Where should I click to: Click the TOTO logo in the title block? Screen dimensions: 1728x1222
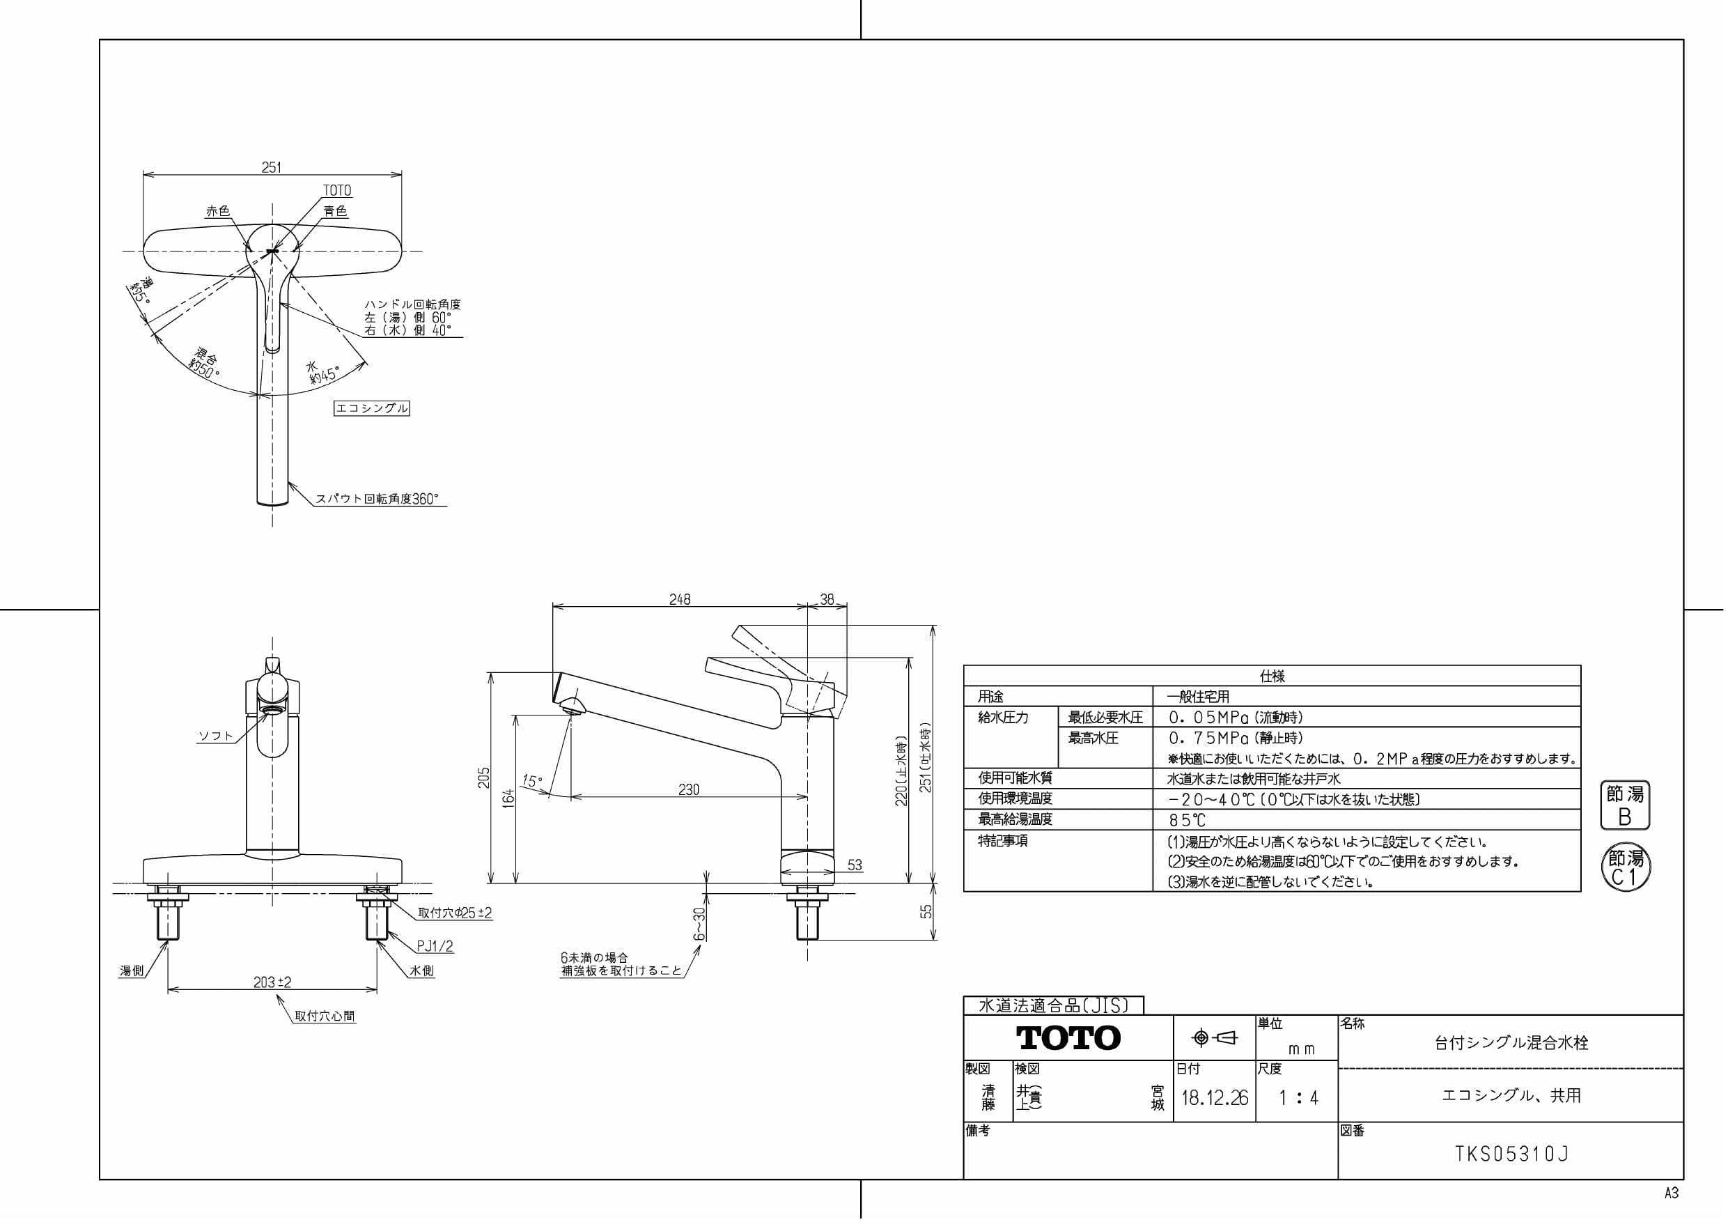click(1068, 1037)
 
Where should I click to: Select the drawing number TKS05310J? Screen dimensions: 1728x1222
click(1512, 1154)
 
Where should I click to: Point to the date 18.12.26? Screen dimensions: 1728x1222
click(1215, 1098)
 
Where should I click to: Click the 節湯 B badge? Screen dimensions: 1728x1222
click(1625, 805)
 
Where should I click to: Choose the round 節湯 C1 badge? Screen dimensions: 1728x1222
click(1626, 867)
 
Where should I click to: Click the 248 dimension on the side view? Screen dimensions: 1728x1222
click(680, 599)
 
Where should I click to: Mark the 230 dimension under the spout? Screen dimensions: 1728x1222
click(689, 789)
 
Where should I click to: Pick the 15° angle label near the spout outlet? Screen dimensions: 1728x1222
click(532, 782)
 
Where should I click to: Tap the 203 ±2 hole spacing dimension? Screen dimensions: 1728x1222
click(272, 982)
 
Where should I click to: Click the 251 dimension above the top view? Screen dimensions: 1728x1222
click(271, 167)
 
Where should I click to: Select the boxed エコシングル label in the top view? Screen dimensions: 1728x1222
click(372, 408)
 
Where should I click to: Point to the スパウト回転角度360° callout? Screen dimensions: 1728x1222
click(376, 498)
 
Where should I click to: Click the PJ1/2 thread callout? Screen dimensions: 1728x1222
click(435, 946)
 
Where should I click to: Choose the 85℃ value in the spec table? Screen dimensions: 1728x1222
click(1187, 820)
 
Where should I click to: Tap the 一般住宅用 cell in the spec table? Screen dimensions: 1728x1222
click(1198, 697)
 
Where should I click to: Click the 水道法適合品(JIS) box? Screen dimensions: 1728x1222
click(1053, 1005)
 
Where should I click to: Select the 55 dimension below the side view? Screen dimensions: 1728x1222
click(926, 911)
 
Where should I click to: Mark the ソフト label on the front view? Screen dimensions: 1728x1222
click(216, 736)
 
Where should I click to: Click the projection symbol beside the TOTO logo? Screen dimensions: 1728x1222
click(1215, 1038)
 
